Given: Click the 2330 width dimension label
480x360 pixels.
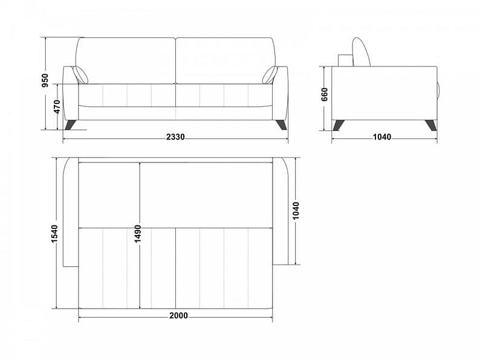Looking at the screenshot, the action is click(175, 137).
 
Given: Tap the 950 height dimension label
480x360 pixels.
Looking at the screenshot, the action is click(45, 80).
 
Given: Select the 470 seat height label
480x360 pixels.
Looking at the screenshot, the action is click(57, 106).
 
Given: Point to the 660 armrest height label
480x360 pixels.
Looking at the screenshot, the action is click(325, 94).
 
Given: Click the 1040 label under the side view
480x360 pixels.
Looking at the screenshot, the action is click(381, 137).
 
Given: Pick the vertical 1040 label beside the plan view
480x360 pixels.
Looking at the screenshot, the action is click(296, 210).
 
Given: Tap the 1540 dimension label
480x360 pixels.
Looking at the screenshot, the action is click(54, 234).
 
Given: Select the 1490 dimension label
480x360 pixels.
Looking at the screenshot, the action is click(138, 234).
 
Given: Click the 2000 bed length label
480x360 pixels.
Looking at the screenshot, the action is click(178, 315).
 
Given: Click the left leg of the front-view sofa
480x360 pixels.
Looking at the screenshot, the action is click(70, 125).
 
